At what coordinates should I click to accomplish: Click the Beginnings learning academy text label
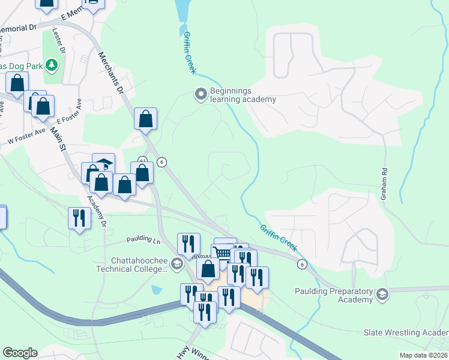[243, 95]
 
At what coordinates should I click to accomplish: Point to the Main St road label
[58, 139]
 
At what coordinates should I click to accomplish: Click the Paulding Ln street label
[144, 240]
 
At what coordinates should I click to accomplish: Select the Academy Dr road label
[96, 212]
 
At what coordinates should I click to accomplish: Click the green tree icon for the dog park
[52, 64]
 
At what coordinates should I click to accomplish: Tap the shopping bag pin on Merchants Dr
[145, 119]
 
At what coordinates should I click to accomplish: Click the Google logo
[19, 352]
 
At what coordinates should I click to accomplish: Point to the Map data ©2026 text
[423, 355]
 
